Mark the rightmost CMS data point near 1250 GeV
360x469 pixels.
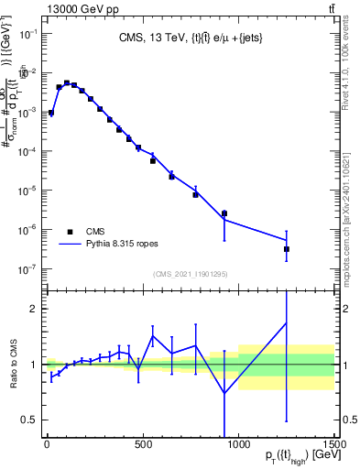coord(287,249)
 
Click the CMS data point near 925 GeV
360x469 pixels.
coord(224,213)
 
